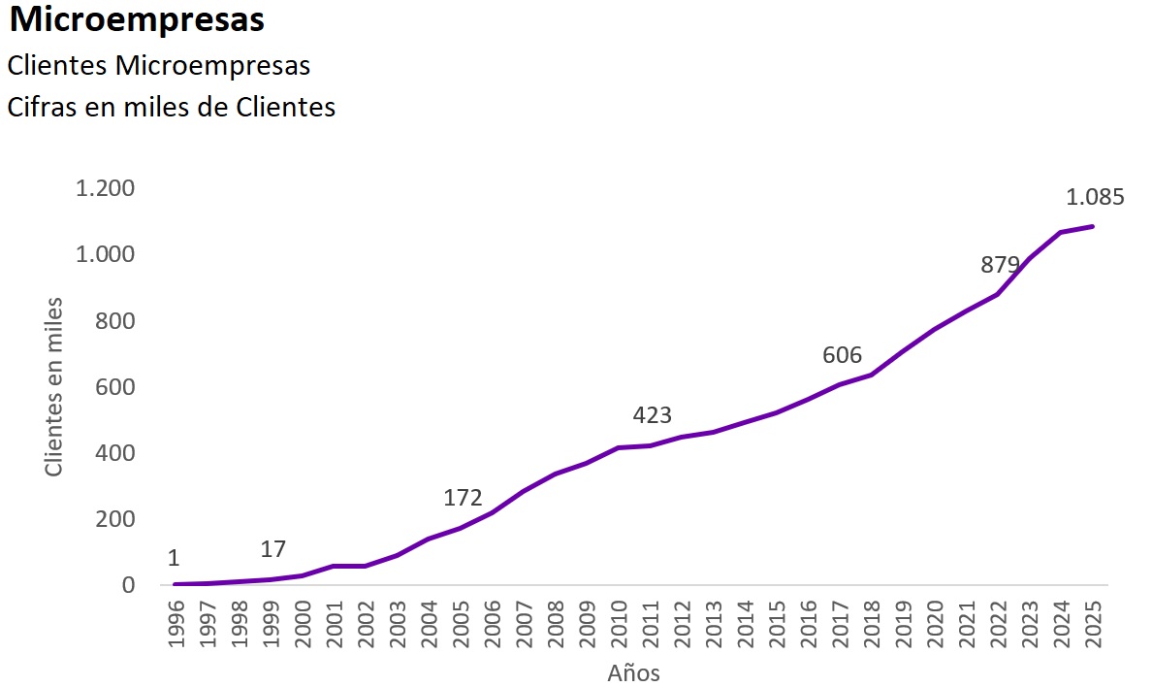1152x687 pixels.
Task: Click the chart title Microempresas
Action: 137,19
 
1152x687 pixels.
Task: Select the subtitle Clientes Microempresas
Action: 158,66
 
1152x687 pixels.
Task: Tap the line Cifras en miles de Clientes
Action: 172,107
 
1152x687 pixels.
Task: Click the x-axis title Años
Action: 633,672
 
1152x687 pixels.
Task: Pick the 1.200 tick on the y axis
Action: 106,188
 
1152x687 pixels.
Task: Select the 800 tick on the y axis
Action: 115,321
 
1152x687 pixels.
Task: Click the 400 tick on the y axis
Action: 115,453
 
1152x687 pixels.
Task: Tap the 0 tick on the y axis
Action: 127,585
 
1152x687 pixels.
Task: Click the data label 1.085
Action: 1095,198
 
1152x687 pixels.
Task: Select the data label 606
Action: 842,356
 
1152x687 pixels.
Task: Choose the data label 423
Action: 652,416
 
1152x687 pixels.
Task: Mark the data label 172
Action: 463,499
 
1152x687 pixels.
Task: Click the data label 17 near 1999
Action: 273,550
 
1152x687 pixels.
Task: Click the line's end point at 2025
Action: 1093,227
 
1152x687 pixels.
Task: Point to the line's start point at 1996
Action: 176,584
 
